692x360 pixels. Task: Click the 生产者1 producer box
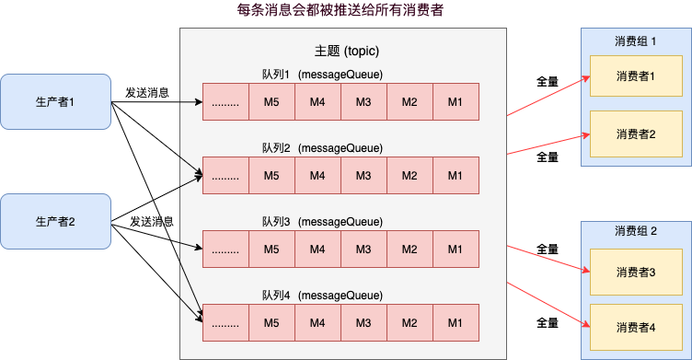[x=54, y=101]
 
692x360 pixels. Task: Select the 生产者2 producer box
[x=54, y=221]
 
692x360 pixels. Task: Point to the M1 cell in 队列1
[x=456, y=102]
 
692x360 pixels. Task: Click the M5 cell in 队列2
[x=271, y=175]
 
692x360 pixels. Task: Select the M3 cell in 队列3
[x=363, y=249]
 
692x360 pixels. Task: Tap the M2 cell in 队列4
[x=409, y=322]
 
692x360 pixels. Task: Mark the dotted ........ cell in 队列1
[x=225, y=102]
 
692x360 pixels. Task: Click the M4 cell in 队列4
[x=317, y=322]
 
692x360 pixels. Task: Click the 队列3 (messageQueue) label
[x=322, y=222]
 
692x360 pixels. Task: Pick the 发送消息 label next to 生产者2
[x=153, y=221]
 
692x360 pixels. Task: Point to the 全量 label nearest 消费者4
[x=548, y=323]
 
